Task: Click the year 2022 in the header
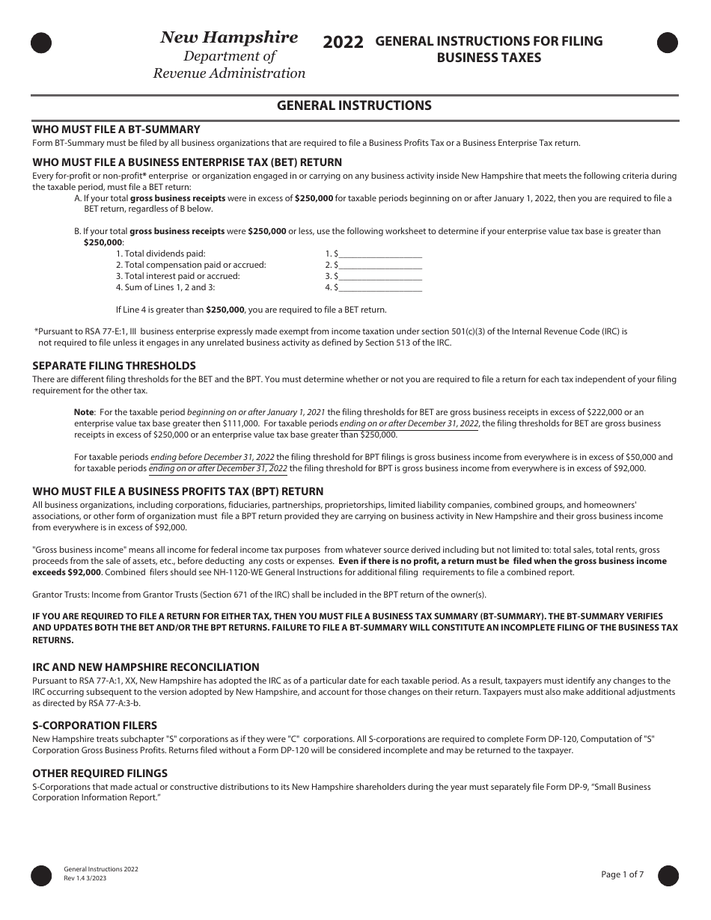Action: (344, 43)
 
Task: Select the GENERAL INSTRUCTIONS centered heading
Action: (354, 105)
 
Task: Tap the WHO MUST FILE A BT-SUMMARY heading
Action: (116, 129)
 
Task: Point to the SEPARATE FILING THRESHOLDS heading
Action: (114, 366)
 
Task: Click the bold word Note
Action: (84, 412)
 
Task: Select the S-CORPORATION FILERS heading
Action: (94, 726)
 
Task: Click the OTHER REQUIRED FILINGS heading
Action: (100, 773)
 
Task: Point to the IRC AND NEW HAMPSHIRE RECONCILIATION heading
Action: (146, 667)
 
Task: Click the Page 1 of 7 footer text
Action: (622, 874)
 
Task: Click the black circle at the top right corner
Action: (667, 43)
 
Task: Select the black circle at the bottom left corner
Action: (41, 875)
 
